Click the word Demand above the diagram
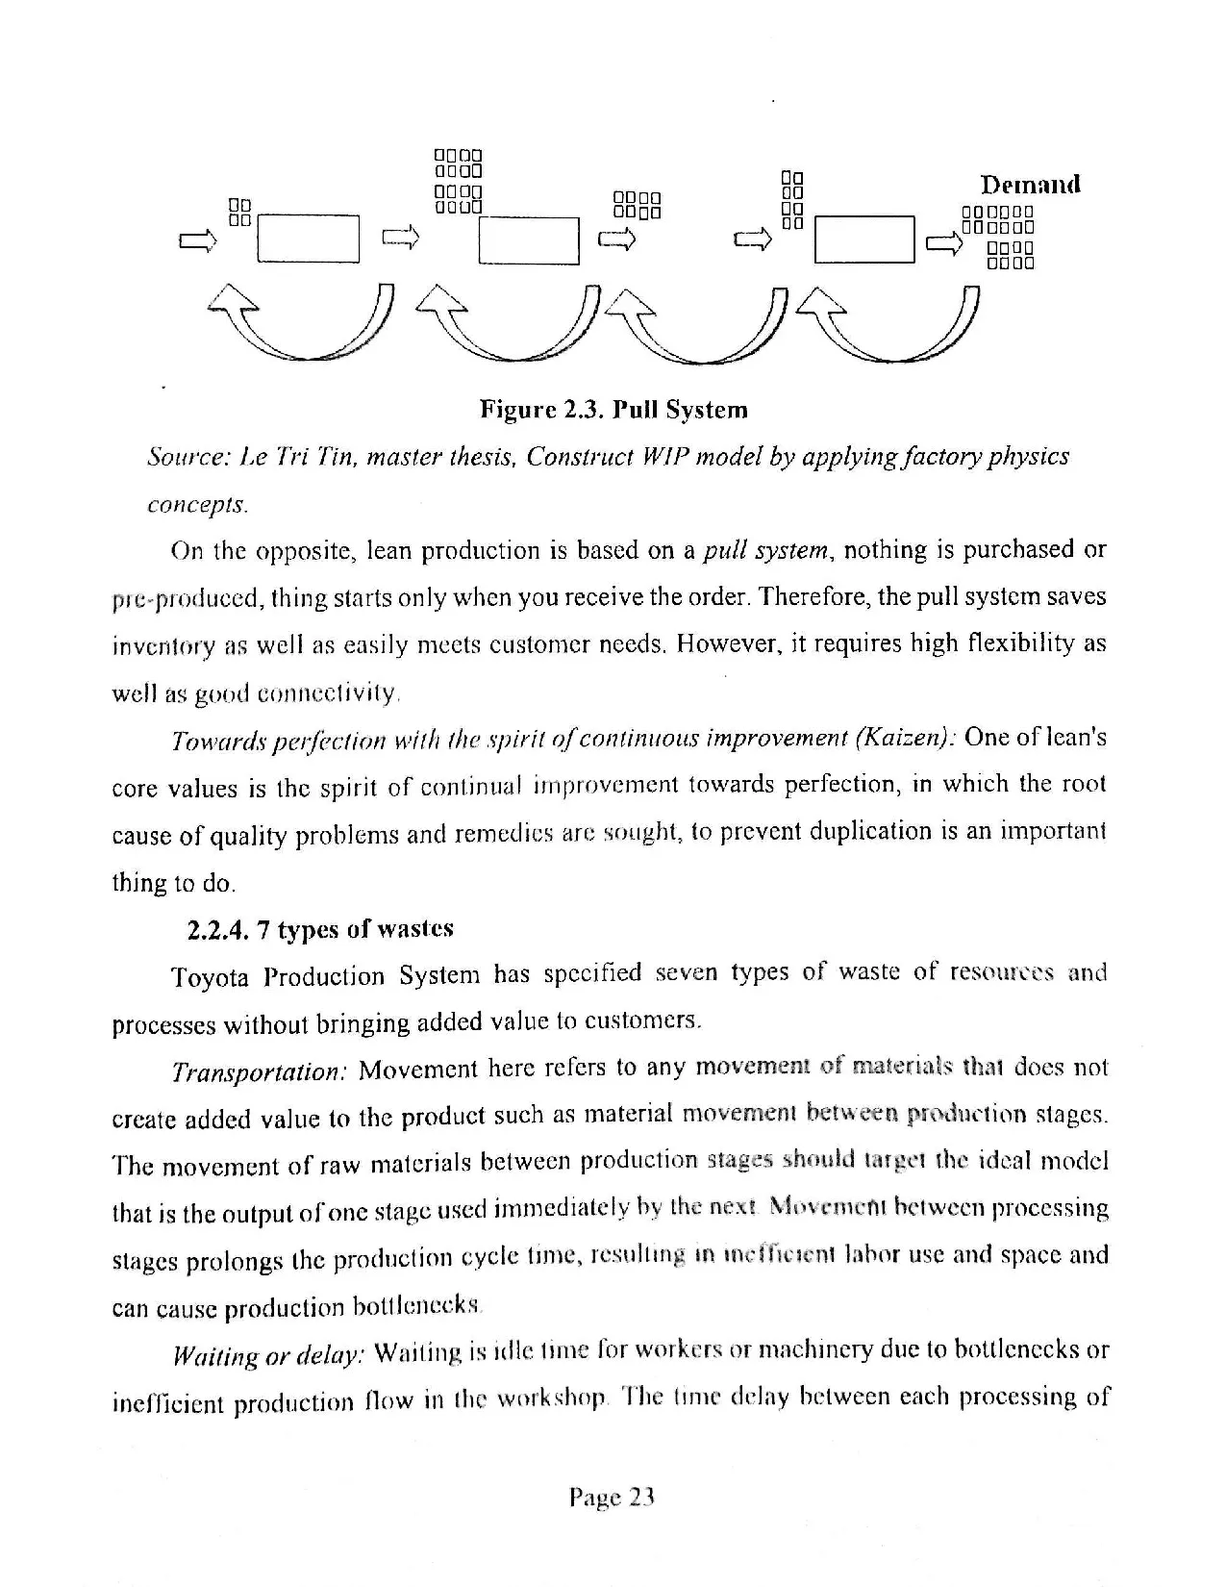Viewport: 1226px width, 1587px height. pyautogui.click(x=1030, y=184)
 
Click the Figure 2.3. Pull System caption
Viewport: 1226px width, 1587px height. pyautogui.click(x=613, y=411)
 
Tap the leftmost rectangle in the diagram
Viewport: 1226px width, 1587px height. pyautogui.click(x=308, y=239)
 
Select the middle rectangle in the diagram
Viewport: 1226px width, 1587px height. pyautogui.click(x=530, y=240)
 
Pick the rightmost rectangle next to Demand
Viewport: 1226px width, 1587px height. pyautogui.click(x=863, y=239)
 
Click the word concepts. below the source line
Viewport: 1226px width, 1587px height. pyautogui.click(x=197, y=503)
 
